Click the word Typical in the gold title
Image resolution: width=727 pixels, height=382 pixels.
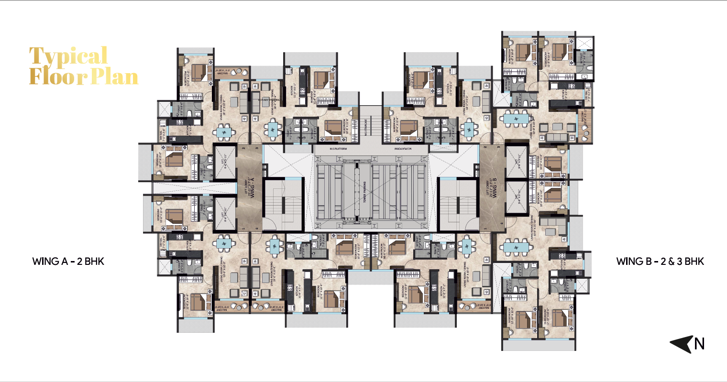coord(68,57)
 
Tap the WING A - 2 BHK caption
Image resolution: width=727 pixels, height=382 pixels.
coord(68,261)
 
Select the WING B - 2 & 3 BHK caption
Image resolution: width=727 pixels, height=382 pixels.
coord(660,261)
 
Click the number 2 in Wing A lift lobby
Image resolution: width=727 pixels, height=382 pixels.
coord(243,149)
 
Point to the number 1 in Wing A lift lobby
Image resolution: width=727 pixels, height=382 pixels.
coord(243,229)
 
